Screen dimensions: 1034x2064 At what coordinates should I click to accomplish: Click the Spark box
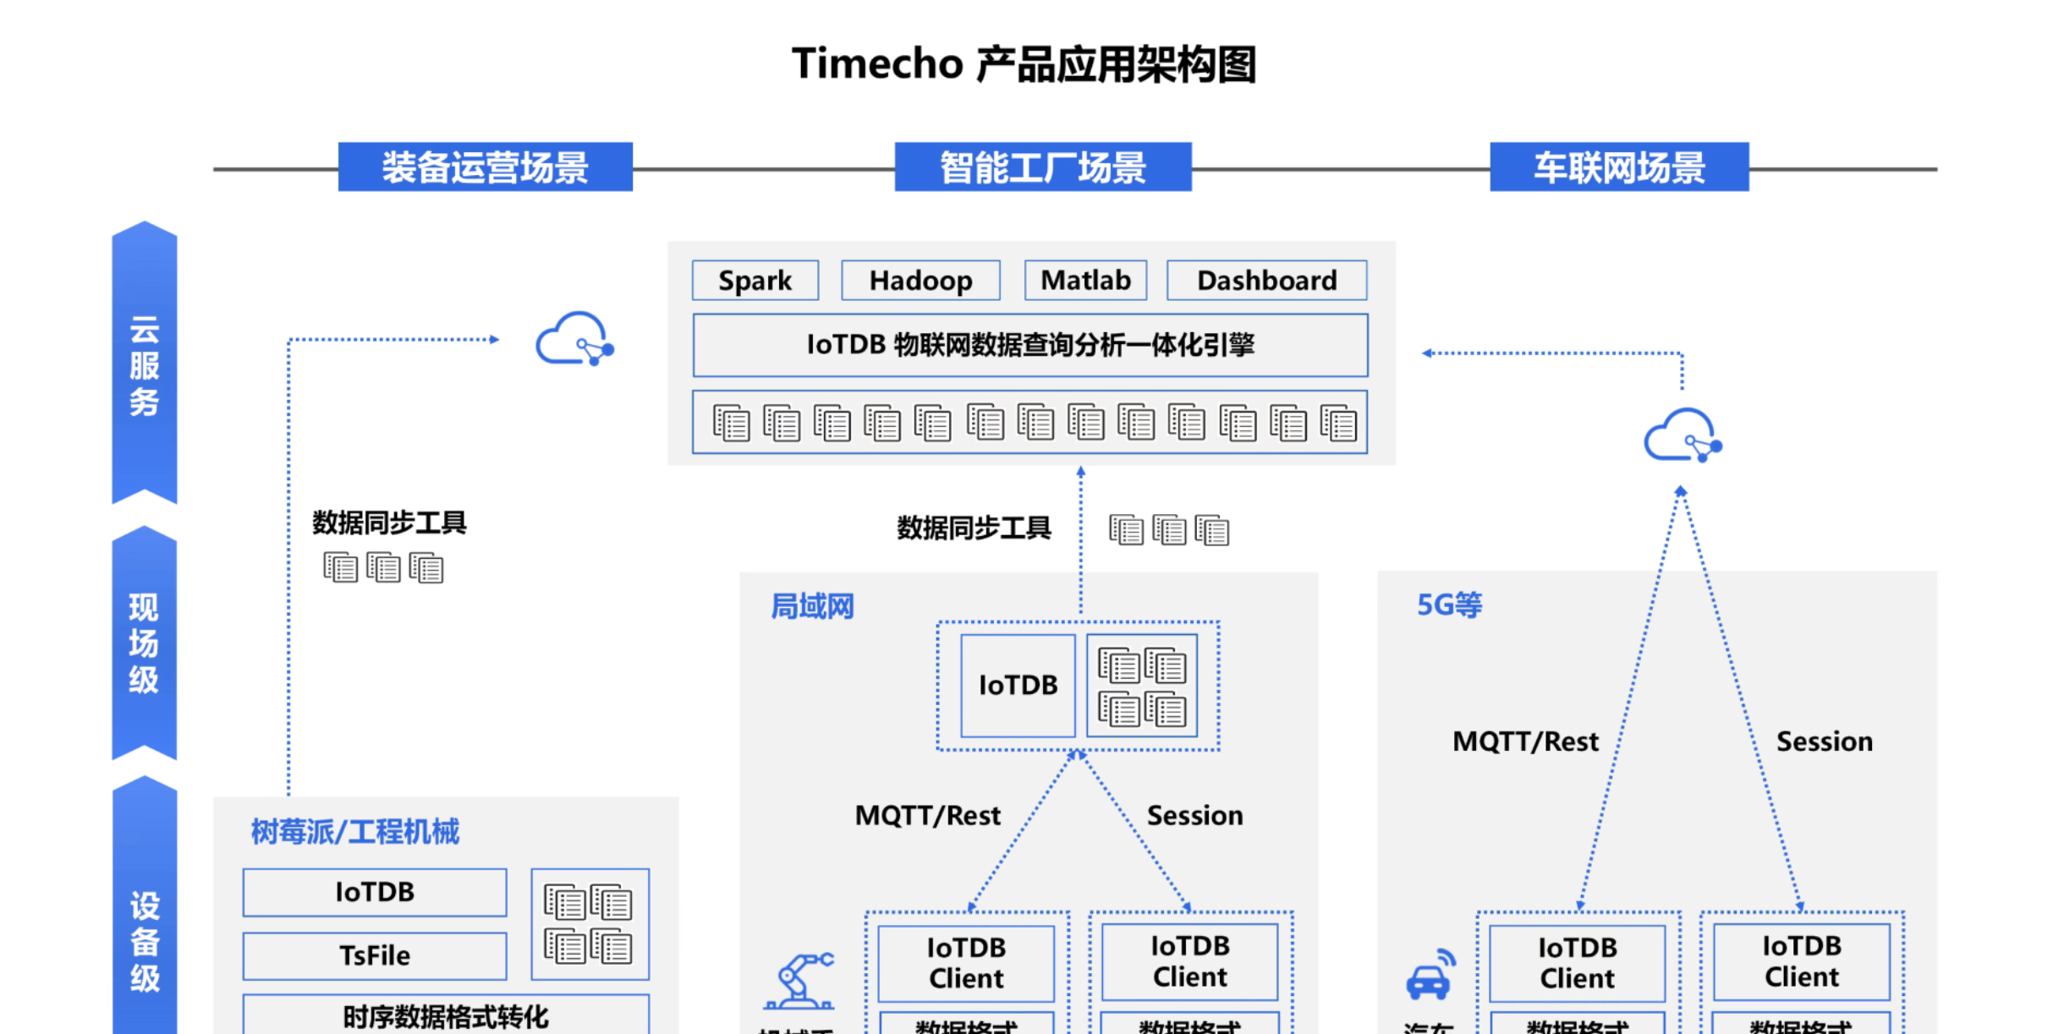click(x=755, y=281)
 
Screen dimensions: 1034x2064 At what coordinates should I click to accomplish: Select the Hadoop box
click(x=920, y=281)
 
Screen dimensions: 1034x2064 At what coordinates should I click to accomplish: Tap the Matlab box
click(x=1085, y=281)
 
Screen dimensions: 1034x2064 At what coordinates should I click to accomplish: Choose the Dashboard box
click(x=1266, y=281)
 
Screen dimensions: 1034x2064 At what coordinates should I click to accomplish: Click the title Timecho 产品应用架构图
click(x=1024, y=64)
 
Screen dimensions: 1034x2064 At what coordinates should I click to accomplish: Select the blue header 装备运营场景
click(x=485, y=167)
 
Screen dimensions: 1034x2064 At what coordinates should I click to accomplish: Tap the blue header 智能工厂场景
click(x=1043, y=167)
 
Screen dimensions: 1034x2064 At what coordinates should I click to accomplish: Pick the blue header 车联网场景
click(x=1619, y=167)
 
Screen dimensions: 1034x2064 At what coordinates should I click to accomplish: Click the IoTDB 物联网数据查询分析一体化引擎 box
click(x=1029, y=345)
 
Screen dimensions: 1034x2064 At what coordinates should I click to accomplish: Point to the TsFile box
click(x=374, y=956)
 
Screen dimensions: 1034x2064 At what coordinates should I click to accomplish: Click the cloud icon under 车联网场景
click(x=1682, y=437)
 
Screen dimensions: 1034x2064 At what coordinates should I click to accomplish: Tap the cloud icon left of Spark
click(x=574, y=340)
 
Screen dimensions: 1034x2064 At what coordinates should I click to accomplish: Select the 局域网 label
click(x=812, y=606)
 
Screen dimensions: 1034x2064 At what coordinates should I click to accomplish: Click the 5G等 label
click(x=1449, y=605)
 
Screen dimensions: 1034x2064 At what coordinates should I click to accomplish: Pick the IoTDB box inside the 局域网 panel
click(x=1018, y=685)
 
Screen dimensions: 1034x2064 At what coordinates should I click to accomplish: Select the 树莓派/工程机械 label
click(x=354, y=832)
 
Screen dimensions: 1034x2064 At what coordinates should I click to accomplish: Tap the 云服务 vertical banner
click(x=145, y=364)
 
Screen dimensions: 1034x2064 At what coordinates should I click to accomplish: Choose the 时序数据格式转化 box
click(x=446, y=1015)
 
